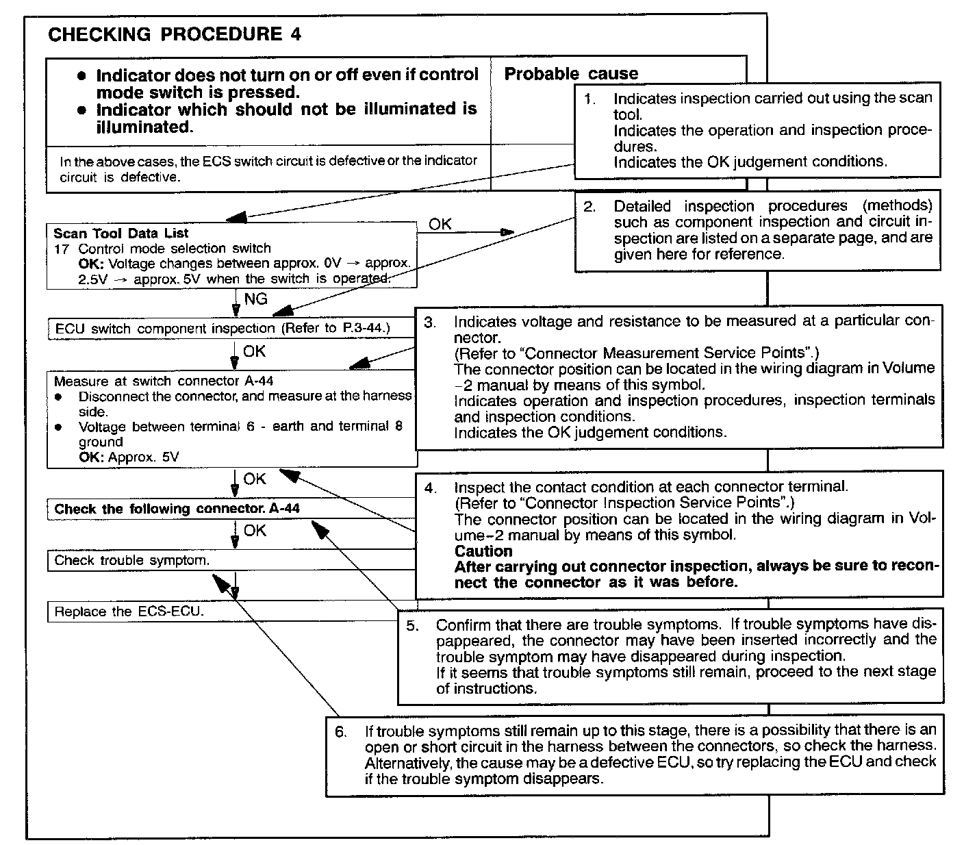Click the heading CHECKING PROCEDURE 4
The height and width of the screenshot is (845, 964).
point(174,35)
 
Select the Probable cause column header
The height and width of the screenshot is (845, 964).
point(571,74)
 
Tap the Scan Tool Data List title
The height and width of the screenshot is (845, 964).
point(121,233)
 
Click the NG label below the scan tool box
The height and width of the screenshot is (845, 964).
point(255,299)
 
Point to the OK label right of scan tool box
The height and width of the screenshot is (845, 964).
point(440,224)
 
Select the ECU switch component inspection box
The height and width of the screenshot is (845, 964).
point(223,329)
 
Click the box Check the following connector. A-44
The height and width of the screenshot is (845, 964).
point(177,509)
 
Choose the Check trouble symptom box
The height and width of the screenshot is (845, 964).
point(132,560)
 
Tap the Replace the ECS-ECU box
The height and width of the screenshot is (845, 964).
point(129,611)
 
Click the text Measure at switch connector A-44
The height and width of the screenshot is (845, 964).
point(164,381)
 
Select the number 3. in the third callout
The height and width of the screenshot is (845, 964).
point(430,322)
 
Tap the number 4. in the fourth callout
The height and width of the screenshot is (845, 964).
point(430,488)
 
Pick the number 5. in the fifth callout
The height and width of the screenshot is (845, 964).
point(412,625)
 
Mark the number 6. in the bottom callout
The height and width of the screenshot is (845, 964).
point(341,731)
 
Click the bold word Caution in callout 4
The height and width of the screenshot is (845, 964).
point(483,551)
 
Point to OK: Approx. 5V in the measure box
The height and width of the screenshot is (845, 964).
point(129,457)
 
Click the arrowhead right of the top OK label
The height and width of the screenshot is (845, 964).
point(507,233)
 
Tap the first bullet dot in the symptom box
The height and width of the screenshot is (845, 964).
point(82,75)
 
